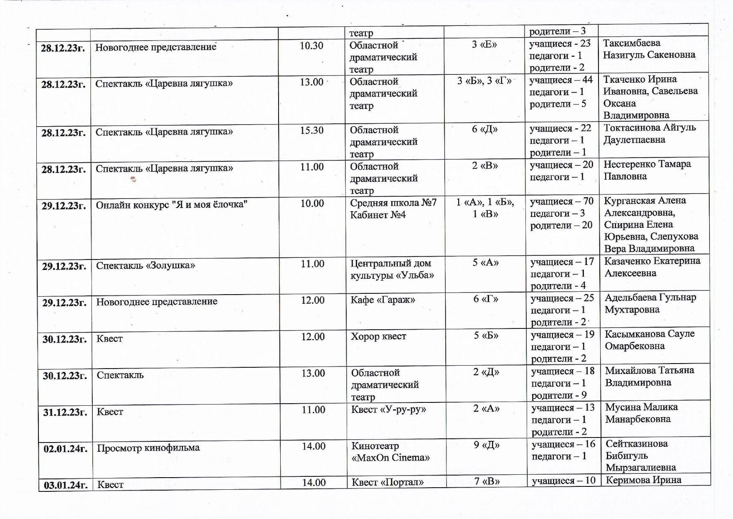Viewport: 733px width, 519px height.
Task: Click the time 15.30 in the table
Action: tap(312, 130)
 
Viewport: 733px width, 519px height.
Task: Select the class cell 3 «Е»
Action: tap(484, 44)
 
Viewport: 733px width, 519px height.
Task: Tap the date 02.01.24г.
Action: tap(66, 449)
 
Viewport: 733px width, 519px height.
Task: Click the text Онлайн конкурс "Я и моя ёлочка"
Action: tap(172, 205)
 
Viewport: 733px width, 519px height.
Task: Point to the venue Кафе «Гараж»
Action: tap(383, 300)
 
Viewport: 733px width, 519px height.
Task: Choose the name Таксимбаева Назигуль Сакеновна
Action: tap(649, 49)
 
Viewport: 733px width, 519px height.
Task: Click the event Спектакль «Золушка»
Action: tap(145, 265)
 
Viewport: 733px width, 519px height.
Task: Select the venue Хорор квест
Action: tap(378, 336)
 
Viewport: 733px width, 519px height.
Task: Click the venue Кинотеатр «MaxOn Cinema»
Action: tap(390, 452)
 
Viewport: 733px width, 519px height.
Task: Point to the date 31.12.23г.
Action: tap(65, 412)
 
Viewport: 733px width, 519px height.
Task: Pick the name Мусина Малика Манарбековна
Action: tap(641, 413)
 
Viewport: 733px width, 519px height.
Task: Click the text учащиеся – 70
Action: tap(561, 201)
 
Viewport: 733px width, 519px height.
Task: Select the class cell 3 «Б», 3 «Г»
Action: tap(484, 81)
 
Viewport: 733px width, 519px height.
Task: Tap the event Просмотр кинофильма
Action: tap(148, 448)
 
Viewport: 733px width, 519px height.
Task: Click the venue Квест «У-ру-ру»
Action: tap(388, 410)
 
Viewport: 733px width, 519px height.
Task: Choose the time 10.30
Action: tap(311, 46)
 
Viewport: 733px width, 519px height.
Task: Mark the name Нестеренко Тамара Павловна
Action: tap(647, 170)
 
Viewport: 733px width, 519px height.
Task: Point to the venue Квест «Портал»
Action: tap(387, 482)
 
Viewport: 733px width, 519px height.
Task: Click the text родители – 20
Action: tap(561, 226)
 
